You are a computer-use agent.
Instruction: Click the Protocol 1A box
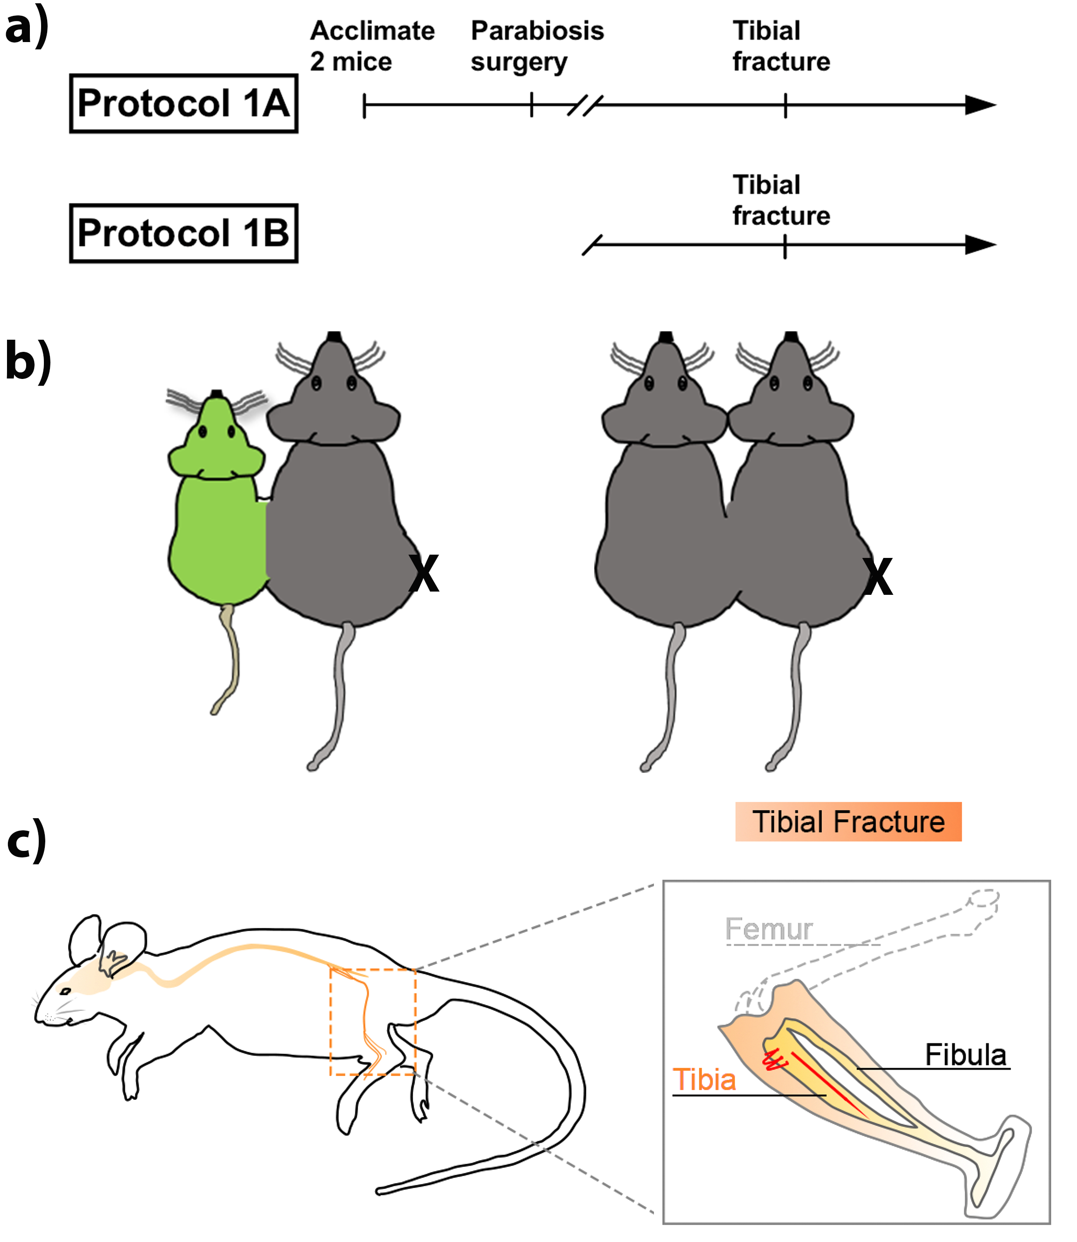tap(183, 103)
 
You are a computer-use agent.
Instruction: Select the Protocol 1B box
tap(183, 233)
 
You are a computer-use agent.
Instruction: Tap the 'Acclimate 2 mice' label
tap(372, 46)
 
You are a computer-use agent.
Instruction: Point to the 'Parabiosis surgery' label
tap(537, 46)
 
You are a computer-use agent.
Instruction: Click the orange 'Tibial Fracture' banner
tap(848, 821)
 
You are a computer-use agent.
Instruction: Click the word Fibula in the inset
tap(965, 1055)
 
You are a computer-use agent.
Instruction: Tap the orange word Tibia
tap(704, 1079)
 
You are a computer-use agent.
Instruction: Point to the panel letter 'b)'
tap(28, 361)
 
